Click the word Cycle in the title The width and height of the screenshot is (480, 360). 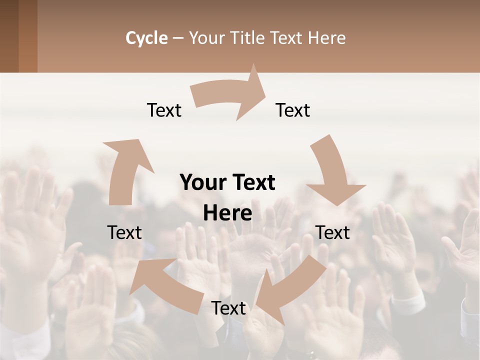146,38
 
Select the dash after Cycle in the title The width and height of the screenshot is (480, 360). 178,38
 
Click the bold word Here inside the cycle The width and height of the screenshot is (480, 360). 227,213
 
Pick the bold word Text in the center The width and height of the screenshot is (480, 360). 252,183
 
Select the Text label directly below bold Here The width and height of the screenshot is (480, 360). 228,308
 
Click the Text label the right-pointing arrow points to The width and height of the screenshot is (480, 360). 293,110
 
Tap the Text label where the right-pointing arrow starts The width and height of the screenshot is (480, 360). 164,110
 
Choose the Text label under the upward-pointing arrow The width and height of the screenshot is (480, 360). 124,232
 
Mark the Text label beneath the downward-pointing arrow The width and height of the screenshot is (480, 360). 332,232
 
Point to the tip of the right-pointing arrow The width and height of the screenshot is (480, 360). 265,90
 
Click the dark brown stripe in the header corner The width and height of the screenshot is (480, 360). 9,36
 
